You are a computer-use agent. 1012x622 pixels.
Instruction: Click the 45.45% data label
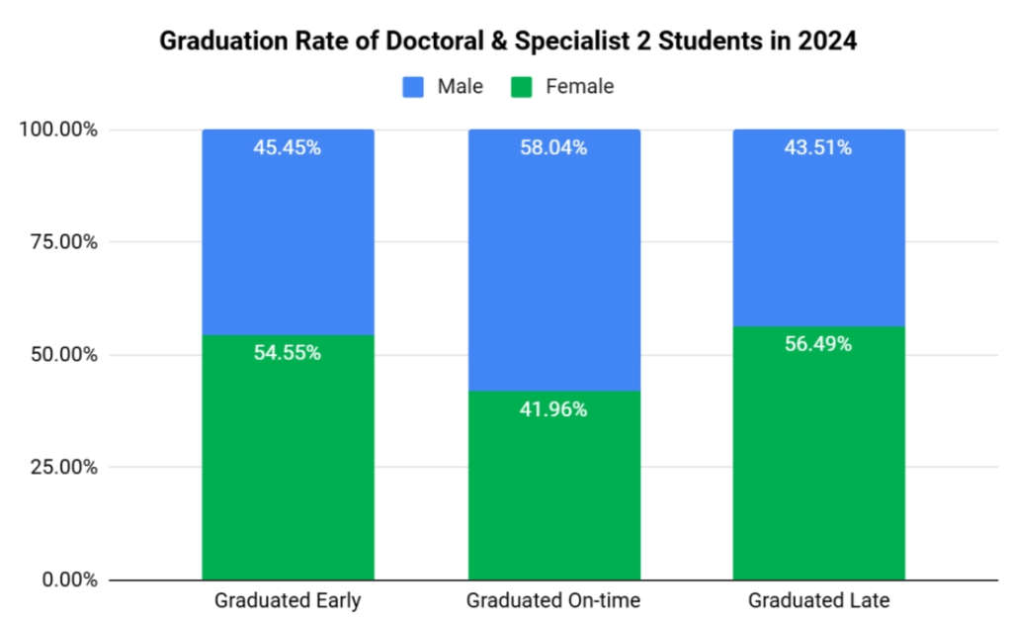[288, 148]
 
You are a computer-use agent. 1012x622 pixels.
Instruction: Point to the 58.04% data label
[553, 148]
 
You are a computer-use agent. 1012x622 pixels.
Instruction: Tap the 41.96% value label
[553, 409]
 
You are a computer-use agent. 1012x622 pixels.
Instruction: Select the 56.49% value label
[818, 345]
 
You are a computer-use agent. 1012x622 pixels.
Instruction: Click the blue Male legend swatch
[413, 87]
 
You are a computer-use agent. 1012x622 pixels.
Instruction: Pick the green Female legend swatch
[522, 87]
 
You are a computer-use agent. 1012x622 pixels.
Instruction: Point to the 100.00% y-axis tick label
[58, 130]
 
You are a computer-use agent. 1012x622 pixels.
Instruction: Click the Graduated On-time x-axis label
[553, 600]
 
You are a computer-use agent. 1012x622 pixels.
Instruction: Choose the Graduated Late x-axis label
[818, 600]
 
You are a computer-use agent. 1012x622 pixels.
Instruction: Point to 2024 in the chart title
[827, 43]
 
